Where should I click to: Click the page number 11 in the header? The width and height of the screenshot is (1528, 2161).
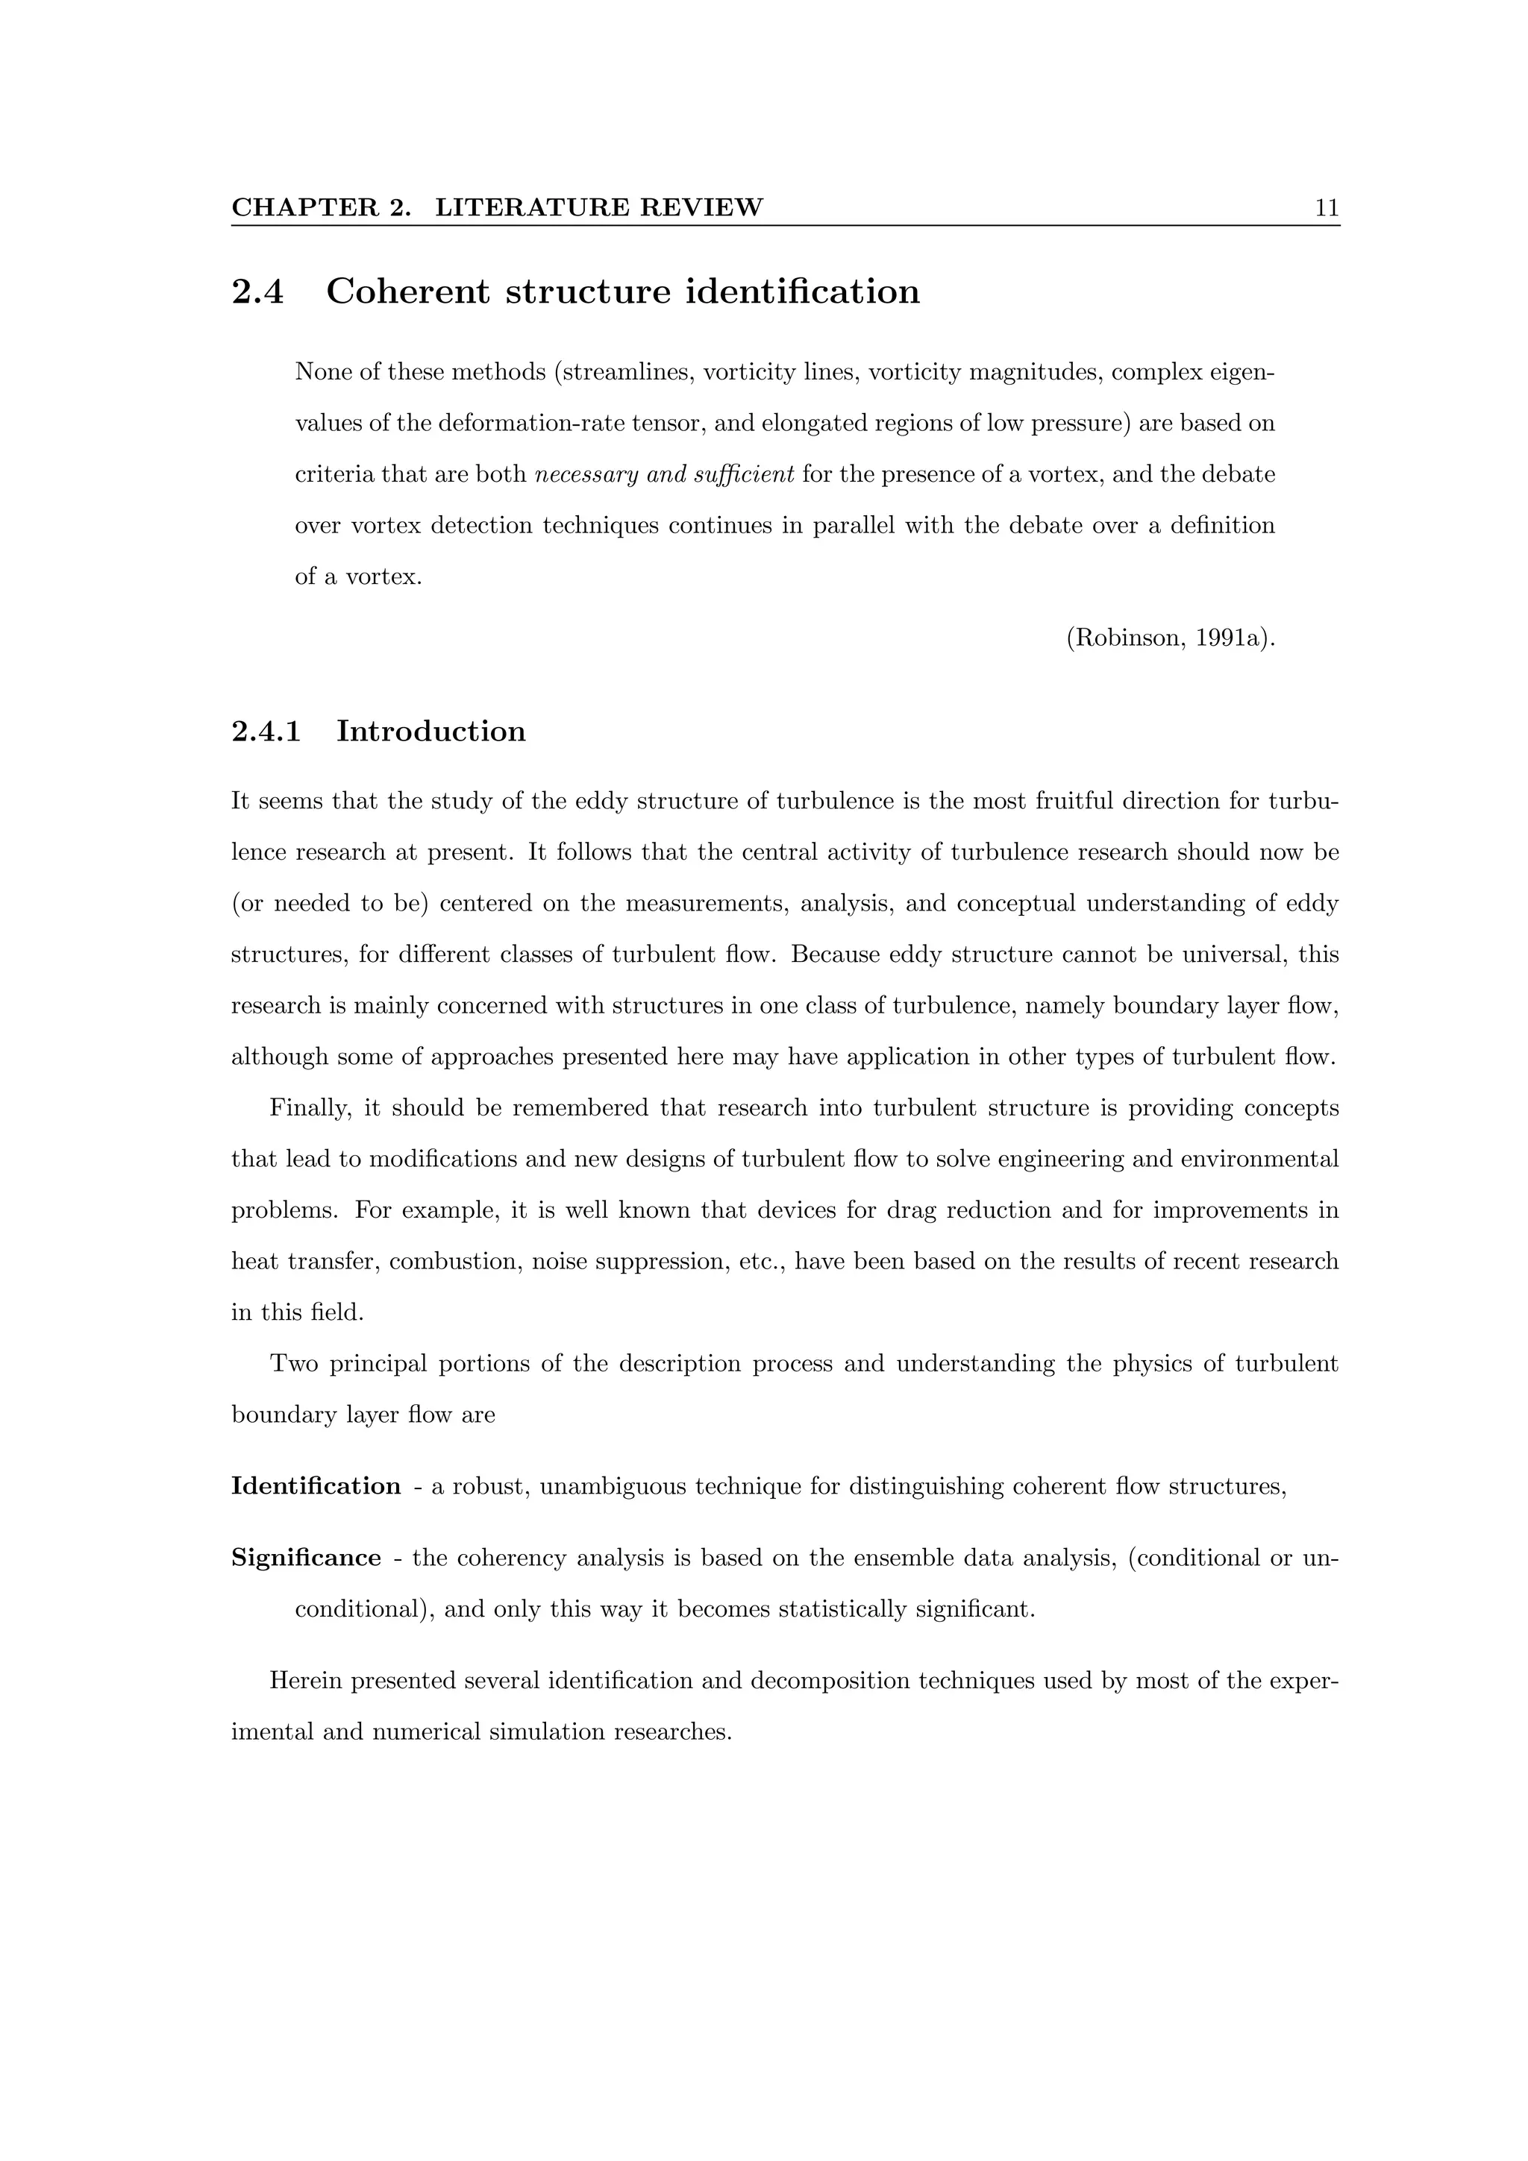click(1327, 208)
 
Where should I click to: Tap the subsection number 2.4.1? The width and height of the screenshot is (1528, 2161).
click(266, 732)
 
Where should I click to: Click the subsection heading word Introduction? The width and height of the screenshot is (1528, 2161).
click(431, 732)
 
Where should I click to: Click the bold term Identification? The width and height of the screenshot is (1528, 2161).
click(316, 1486)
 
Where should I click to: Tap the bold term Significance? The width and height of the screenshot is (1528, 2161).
click(306, 1558)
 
